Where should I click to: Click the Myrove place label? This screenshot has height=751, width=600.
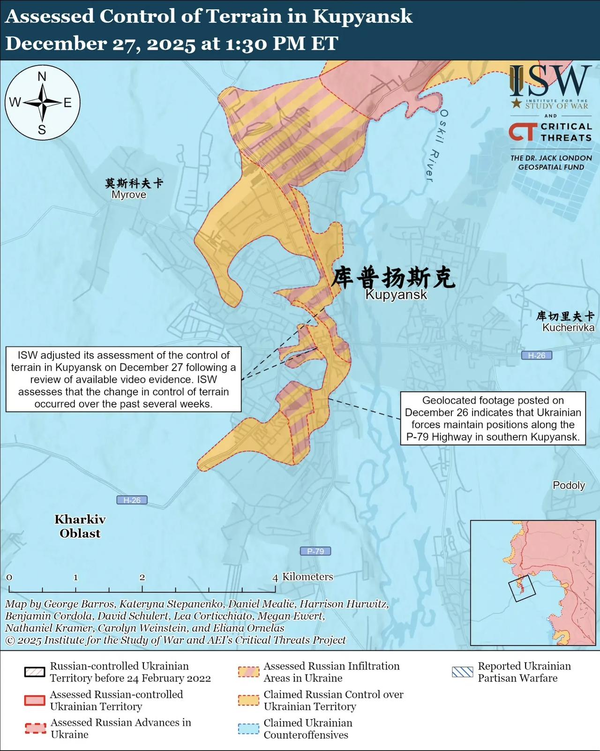[x=129, y=195]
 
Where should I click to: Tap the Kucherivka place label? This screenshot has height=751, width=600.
[x=568, y=328]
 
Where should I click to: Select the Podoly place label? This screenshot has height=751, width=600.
[x=569, y=485]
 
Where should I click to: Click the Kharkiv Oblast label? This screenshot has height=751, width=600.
[x=80, y=526]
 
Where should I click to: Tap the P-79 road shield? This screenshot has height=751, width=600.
[x=315, y=551]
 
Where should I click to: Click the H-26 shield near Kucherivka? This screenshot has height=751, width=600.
[x=537, y=355]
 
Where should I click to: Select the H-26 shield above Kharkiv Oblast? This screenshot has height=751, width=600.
[x=132, y=500]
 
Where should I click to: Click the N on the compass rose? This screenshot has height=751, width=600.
[x=42, y=76]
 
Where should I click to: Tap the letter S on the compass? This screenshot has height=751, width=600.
[x=42, y=130]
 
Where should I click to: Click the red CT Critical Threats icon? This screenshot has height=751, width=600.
[x=523, y=132]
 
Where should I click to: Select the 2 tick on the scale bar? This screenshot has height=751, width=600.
[x=142, y=578]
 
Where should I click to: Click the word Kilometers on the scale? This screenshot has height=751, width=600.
[x=307, y=577]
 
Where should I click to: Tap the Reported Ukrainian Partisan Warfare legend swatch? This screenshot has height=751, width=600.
[x=462, y=672]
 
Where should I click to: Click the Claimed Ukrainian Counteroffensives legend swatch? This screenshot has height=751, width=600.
[x=248, y=729]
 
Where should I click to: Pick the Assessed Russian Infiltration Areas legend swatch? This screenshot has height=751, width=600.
[x=248, y=672]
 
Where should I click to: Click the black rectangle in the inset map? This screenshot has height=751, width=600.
[x=522, y=588]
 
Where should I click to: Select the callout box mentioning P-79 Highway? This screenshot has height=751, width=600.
[x=493, y=419]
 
